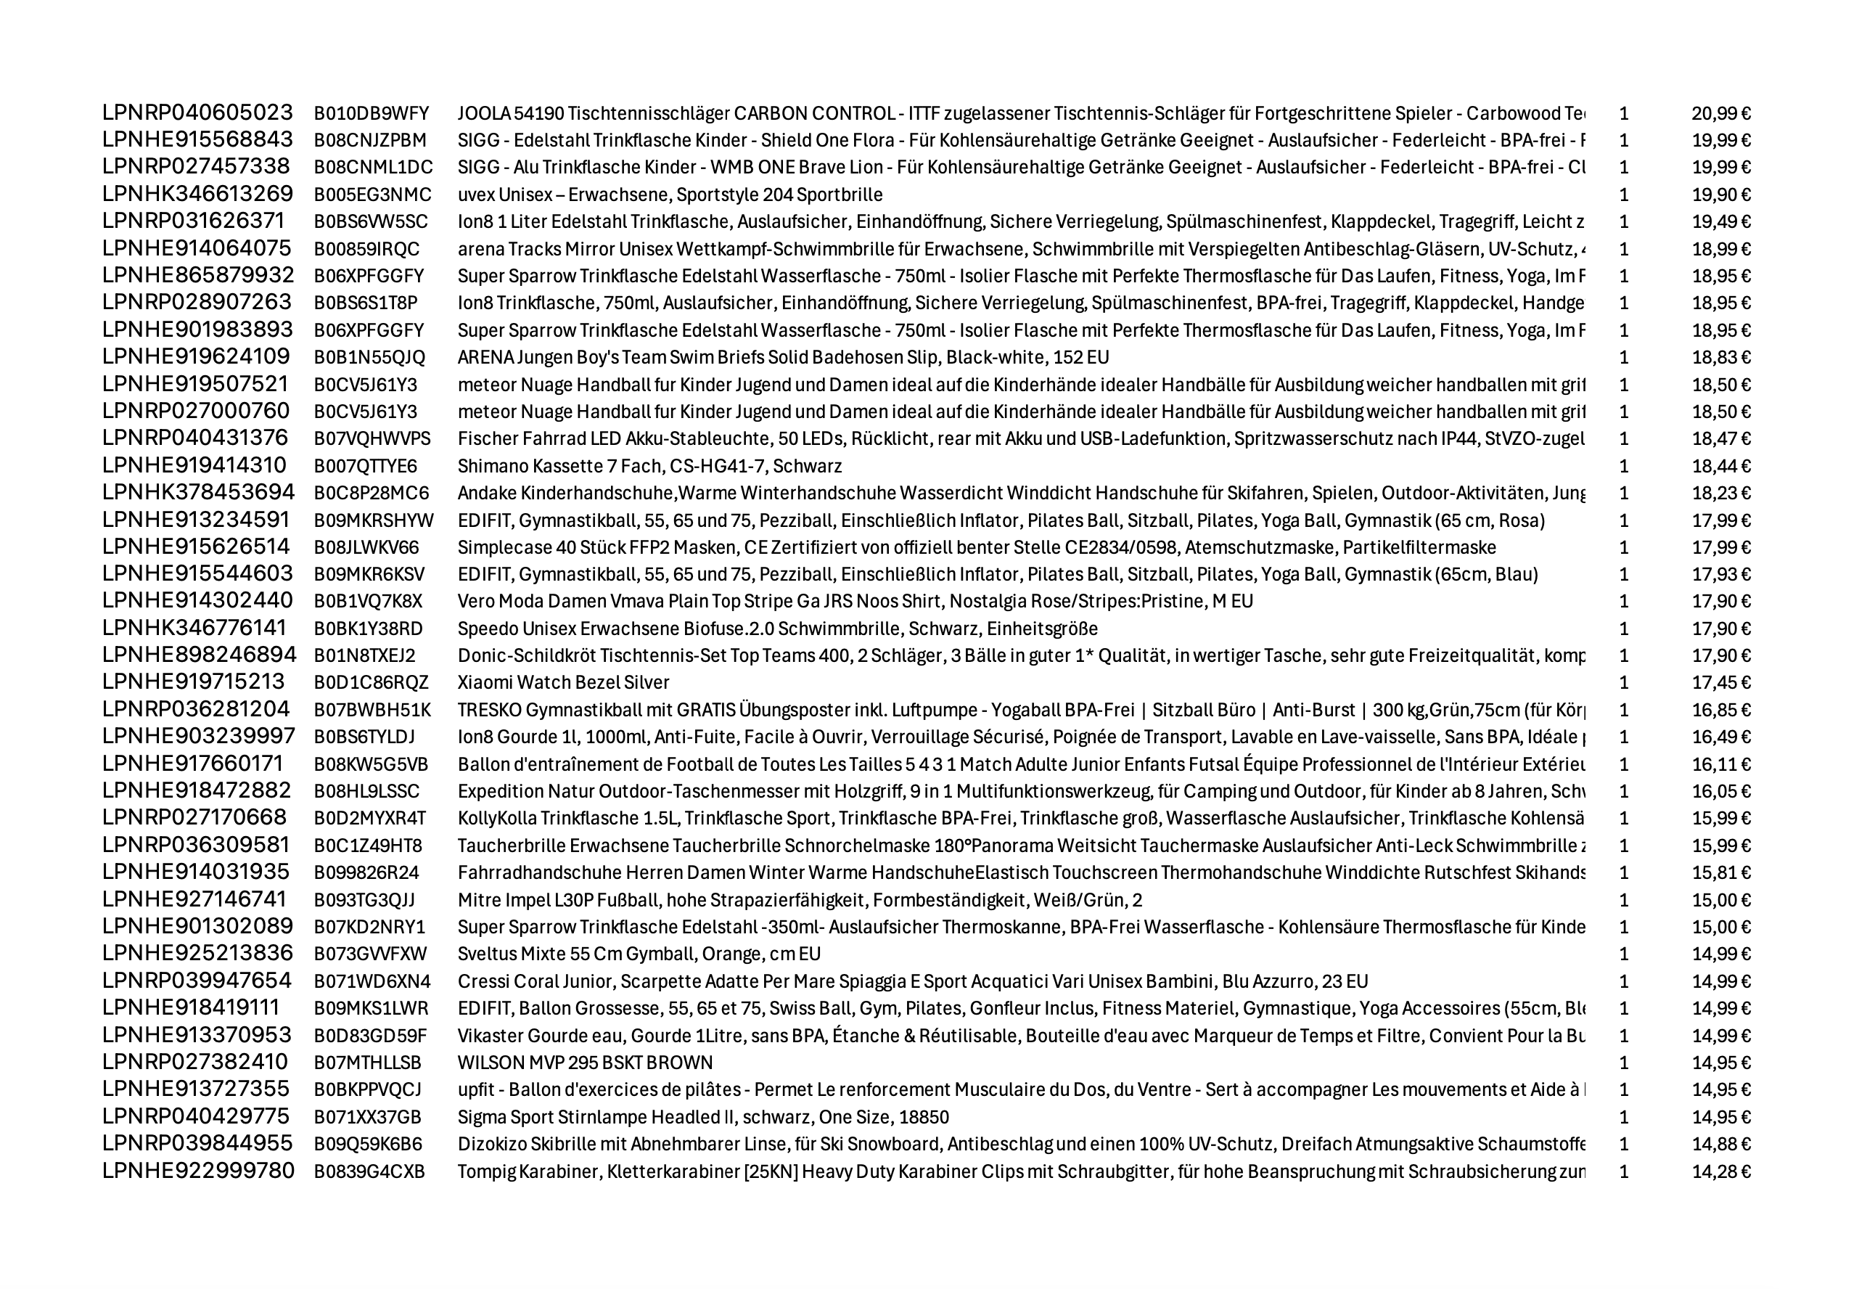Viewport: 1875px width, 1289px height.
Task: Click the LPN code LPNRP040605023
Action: click(x=197, y=112)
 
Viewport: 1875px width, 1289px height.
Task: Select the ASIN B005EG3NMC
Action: click(x=372, y=195)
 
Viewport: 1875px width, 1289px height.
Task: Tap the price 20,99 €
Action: click(x=1720, y=113)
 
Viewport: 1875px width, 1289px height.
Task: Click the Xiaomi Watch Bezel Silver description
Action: click(x=563, y=682)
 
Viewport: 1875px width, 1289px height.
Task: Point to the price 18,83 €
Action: click(x=1720, y=357)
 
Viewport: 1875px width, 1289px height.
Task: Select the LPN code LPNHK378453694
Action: click(x=198, y=493)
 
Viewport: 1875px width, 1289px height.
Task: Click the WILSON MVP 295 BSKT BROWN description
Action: click(x=585, y=1062)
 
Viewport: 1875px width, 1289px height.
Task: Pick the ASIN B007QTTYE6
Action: click(x=365, y=466)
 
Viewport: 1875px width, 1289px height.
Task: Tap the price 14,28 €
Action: click(x=1720, y=1171)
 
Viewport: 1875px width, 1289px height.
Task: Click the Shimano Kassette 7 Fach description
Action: click(x=649, y=466)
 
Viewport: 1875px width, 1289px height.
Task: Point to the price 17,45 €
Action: click(x=1720, y=682)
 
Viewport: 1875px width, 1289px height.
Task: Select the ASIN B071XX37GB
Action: click(x=367, y=1117)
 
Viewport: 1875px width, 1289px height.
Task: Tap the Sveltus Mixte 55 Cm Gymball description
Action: click(x=639, y=954)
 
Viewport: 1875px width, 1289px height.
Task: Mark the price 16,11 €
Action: click(x=1720, y=764)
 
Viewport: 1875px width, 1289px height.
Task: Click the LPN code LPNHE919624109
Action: click(x=195, y=357)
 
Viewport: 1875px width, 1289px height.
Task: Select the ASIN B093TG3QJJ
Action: click(x=364, y=900)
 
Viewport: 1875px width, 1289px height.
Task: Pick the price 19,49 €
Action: click(x=1720, y=221)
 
